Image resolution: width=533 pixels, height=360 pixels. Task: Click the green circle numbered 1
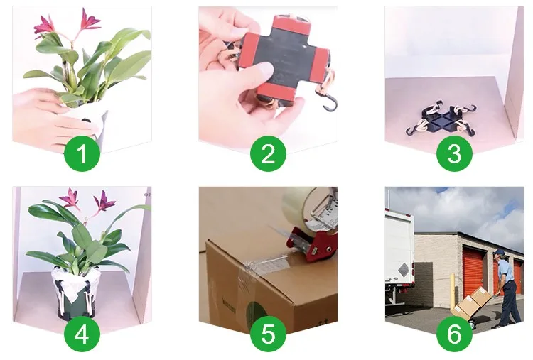coord(82,153)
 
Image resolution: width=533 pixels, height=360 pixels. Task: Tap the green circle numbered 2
coord(268,153)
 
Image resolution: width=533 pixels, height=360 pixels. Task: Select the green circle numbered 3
coord(455,153)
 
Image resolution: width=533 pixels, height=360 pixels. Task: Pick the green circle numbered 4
coord(82,334)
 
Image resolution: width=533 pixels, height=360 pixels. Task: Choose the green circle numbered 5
coord(268,334)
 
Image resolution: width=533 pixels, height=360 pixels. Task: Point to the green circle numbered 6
coord(455,334)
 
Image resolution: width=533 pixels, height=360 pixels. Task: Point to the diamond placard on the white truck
coord(403,270)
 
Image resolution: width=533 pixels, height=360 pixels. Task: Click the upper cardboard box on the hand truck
coord(480,296)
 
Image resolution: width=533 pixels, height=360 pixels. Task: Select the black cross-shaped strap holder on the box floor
coord(440,121)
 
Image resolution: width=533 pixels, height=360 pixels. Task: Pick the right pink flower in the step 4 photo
coord(104,201)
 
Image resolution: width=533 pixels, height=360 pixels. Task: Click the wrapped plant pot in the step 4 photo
coord(77,293)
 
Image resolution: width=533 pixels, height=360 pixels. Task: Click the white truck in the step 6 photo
coord(399,256)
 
